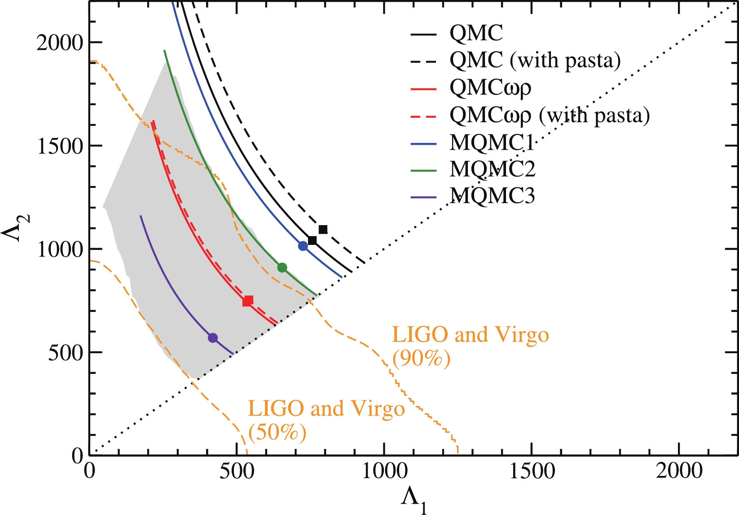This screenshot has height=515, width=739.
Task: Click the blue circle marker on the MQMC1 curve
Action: point(303,246)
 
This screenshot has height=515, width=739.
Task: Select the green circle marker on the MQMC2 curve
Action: point(282,268)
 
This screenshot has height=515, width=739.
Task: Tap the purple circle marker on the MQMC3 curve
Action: point(213,337)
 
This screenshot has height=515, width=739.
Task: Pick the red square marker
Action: point(248,301)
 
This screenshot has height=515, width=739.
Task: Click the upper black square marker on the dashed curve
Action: point(323,230)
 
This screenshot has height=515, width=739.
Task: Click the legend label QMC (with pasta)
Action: point(535,60)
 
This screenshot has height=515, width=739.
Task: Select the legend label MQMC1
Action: point(492,143)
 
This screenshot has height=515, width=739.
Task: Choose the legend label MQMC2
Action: point(493,169)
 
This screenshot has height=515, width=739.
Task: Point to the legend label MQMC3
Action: point(493,196)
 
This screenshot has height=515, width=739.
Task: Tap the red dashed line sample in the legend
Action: point(423,116)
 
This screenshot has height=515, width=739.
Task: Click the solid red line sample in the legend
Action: point(423,89)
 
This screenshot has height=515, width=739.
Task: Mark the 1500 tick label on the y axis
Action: point(60,146)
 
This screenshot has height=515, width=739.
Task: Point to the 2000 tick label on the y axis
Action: point(60,43)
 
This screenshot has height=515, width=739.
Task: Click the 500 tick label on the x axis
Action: point(237,471)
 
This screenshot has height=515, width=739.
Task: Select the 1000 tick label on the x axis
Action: point(384,471)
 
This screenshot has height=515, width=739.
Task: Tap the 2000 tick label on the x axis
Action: point(679,471)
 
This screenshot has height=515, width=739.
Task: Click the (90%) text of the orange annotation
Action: point(421,359)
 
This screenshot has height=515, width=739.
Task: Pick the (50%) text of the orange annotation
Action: point(277,432)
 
